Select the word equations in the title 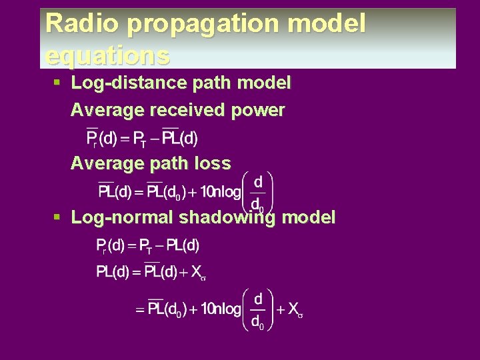(x=107, y=55)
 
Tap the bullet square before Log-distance (x=57, y=83)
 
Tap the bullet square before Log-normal (x=57, y=217)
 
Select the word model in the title (x=331, y=24)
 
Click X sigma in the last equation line (x=295, y=310)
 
